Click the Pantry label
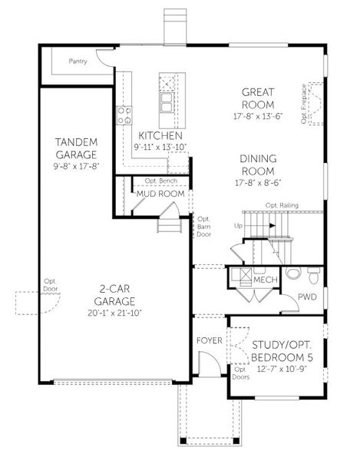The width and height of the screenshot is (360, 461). pos(78,61)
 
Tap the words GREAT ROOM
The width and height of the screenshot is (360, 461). pos(258,98)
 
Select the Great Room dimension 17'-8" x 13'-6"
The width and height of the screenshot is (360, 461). pos(258,118)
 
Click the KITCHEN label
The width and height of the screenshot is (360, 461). pos(160,135)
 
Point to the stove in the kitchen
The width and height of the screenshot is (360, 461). pos(124,115)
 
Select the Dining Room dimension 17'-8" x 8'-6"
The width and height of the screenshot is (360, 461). pos(258,184)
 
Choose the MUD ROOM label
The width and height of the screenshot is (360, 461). pos(160,194)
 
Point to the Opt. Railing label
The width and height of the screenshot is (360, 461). pos(281,206)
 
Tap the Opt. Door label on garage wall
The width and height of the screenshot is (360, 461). pos(51,285)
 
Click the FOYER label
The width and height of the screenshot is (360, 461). pos(209,339)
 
